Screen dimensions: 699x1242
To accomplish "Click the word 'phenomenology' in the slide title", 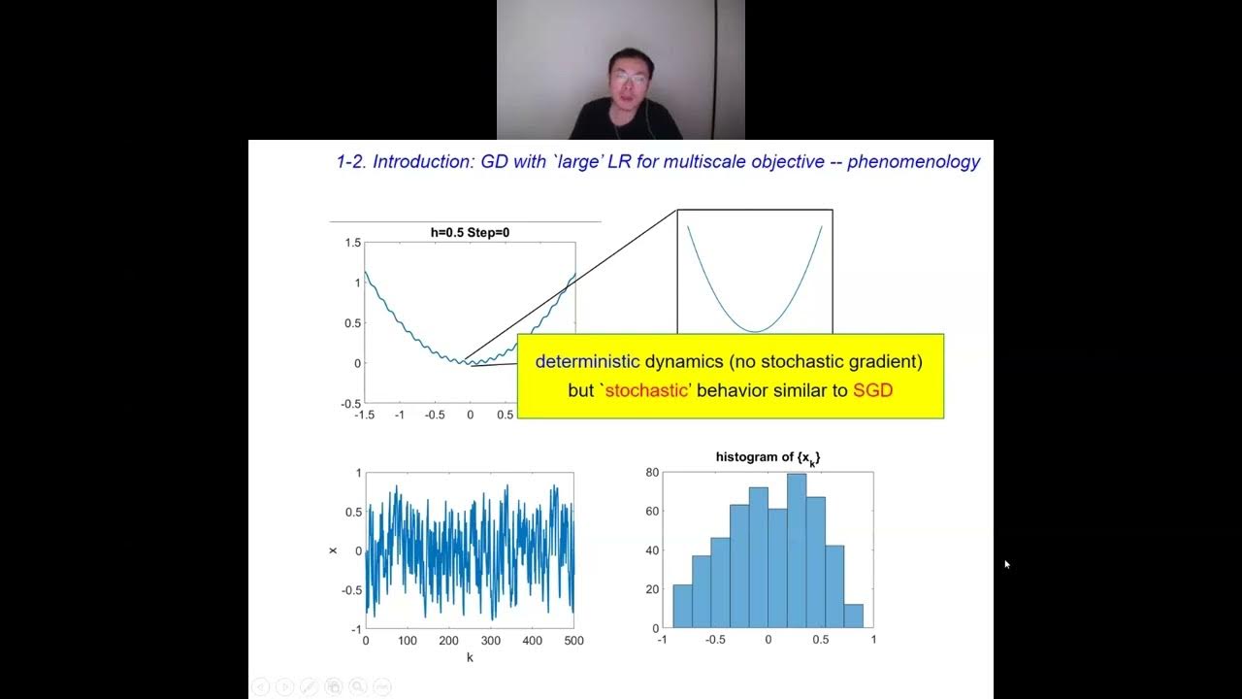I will pyautogui.click(x=913, y=162).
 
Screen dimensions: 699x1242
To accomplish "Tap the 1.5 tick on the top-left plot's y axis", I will pyautogui.click(x=353, y=243).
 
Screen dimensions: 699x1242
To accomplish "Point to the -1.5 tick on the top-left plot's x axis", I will pyautogui.click(x=365, y=415).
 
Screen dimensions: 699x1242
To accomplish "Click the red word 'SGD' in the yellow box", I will pyautogui.click(x=873, y=390).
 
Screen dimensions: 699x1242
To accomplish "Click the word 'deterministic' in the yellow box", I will pyautogui.click(x=588, y=362).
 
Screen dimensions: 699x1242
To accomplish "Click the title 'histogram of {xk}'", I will pyautogui.click(x=768, y=457).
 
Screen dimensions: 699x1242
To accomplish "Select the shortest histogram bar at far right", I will pyautogui.click(x=853, y=616).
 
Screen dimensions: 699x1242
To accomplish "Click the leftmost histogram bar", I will pyautogui.click(x=682, y=606).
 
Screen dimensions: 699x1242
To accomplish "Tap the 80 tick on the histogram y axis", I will pyautogui.click(x=652, y=473).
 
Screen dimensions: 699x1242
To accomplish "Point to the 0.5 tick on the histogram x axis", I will pyautogui.click(x=820, y=640).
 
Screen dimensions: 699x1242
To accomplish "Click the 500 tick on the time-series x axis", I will pyautogui.click(x=573, y=641).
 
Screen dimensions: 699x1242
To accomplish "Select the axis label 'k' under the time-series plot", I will pyautogui.click(x=470, y=657).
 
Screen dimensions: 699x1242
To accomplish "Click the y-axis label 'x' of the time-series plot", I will pyautogui.click(x=334, y=550).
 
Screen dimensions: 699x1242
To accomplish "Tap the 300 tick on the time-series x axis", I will pyautogui.click(x=490, y=641).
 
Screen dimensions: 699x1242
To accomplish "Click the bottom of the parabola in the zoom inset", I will pyautogui.click(x=755, y=331).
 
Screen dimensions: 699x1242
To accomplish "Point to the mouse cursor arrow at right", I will pyautogui.click(x=1006, y=563).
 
